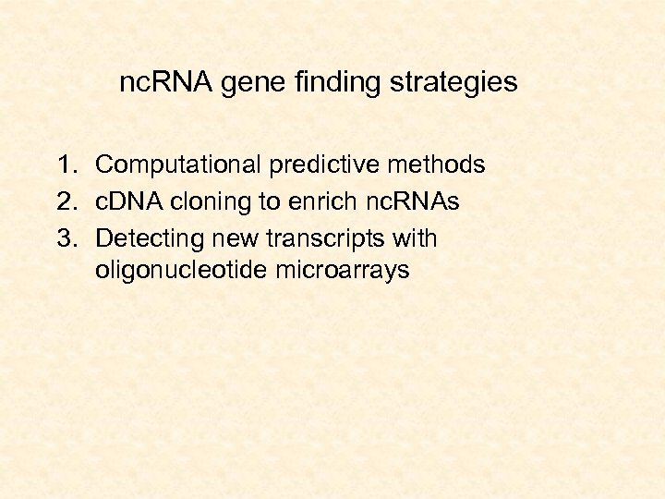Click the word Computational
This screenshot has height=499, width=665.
(x=177, y=165)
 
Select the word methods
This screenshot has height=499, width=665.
(x=437, y=164)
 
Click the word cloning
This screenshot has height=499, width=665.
(x=211, y=202)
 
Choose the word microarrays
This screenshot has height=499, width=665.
(x=343, y=272)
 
